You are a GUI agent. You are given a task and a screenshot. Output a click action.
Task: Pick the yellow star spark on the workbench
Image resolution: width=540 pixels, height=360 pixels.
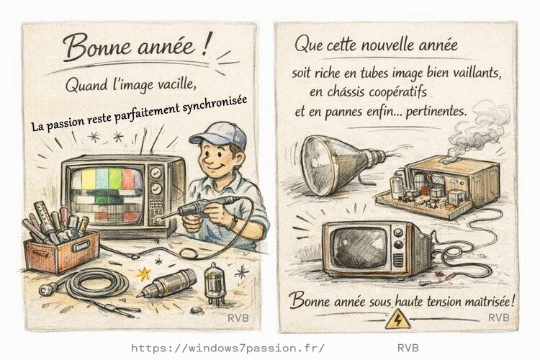(144, 274)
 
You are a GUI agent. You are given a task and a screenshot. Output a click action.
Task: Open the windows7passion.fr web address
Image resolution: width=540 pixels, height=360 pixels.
(228, 347)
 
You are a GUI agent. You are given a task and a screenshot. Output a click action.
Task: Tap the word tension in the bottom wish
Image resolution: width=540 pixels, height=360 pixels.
(432, 300)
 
